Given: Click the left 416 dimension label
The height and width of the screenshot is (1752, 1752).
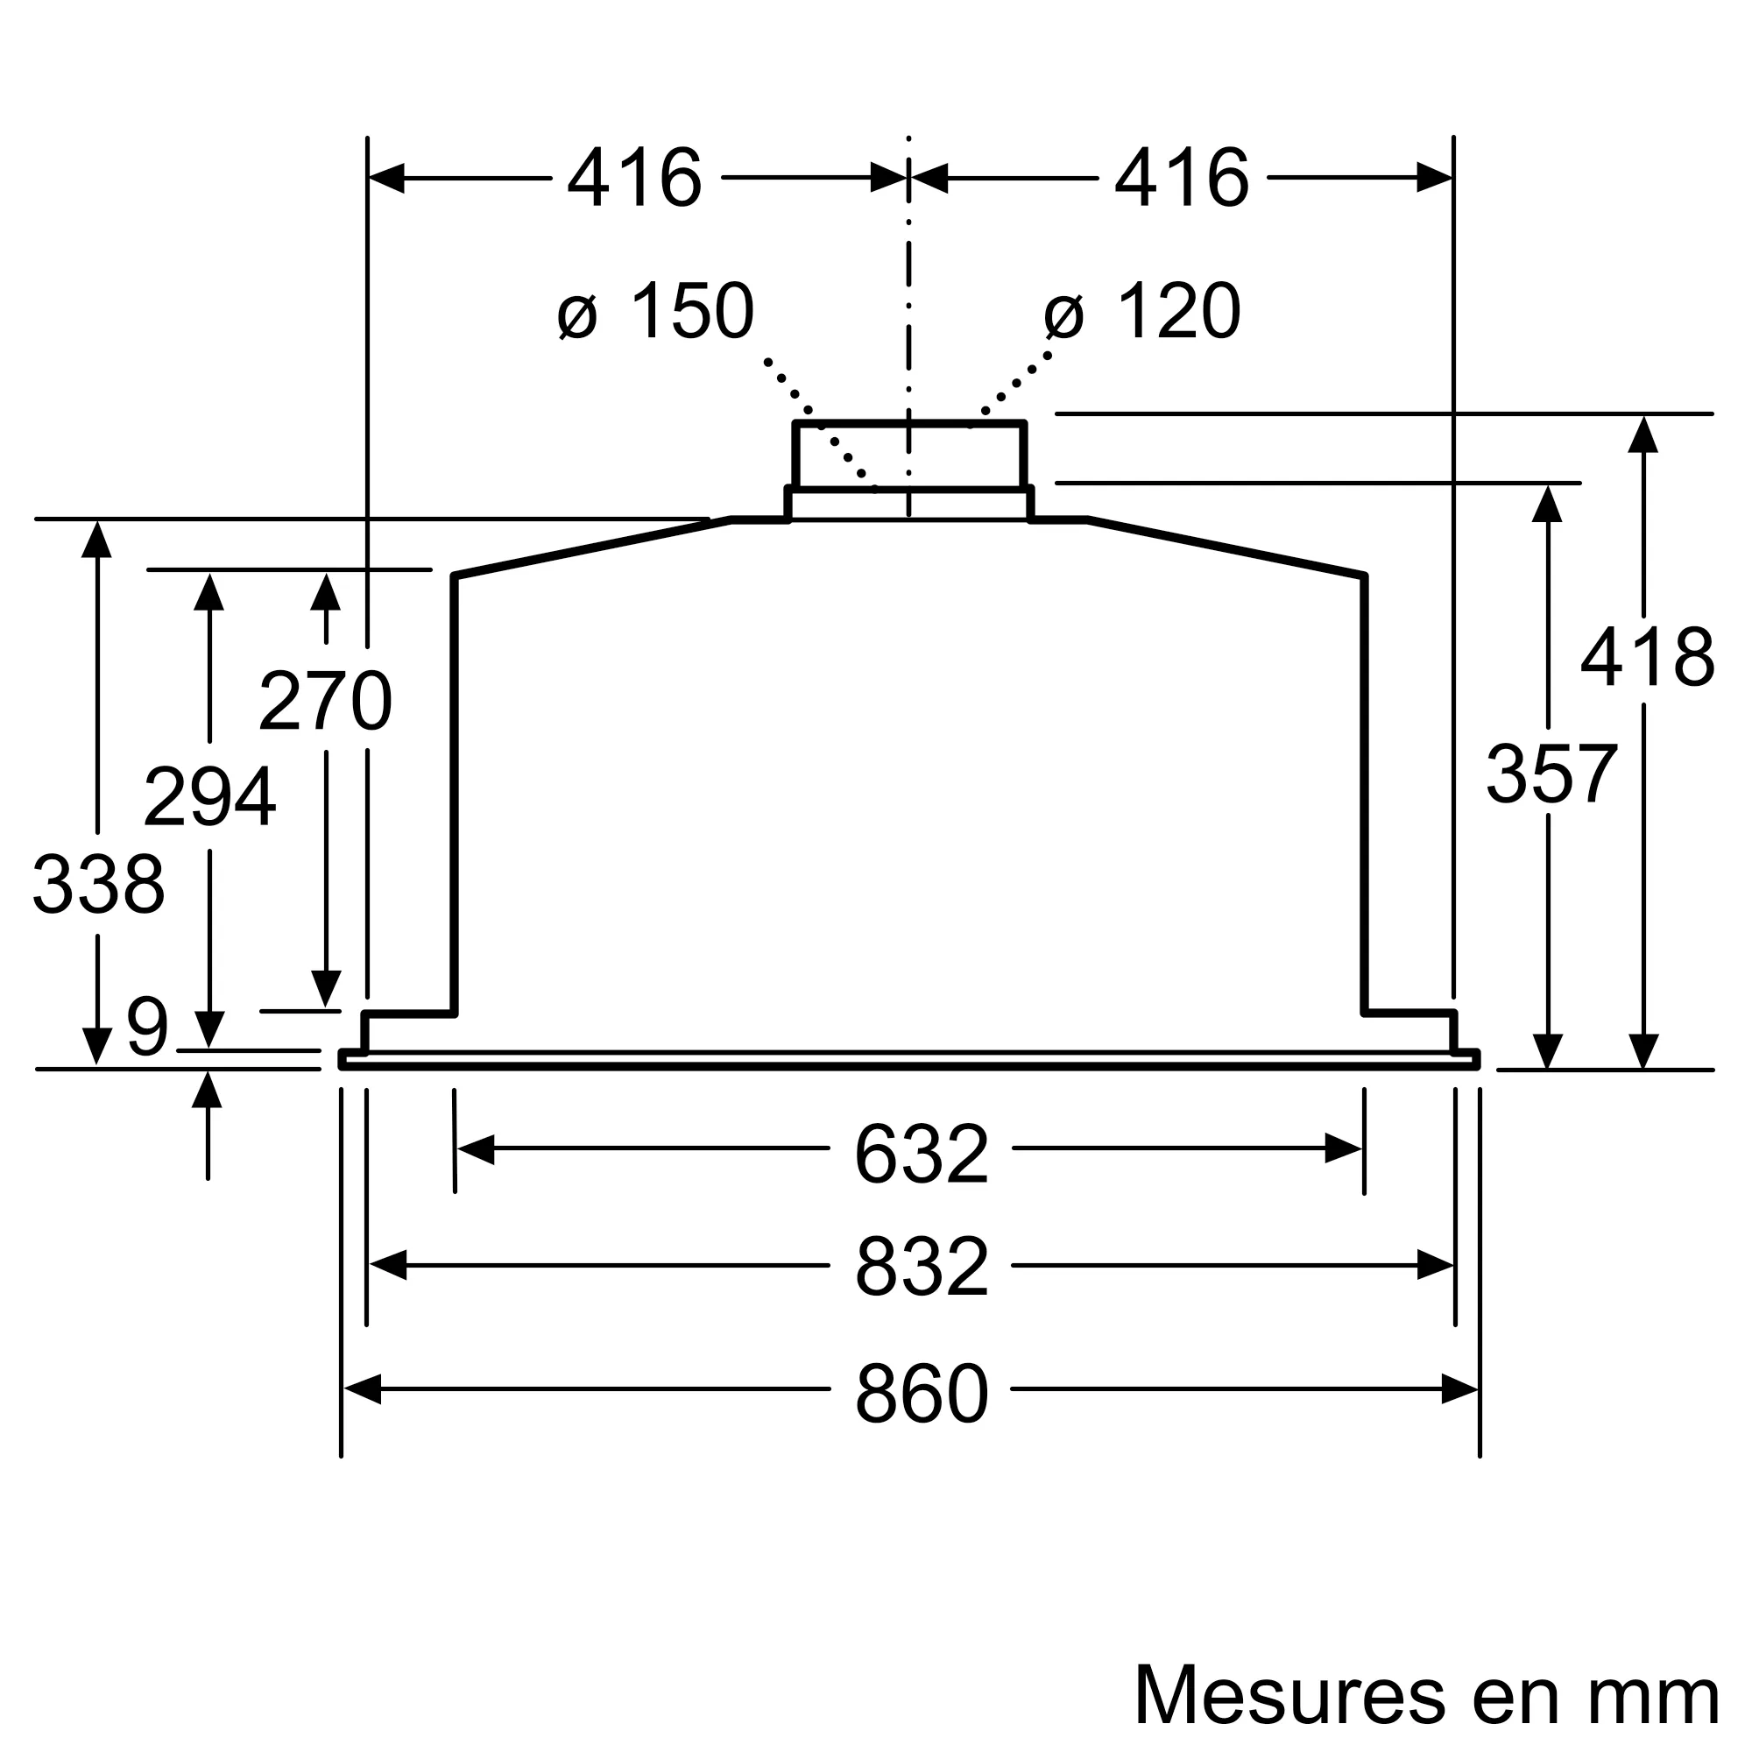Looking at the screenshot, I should pos(635,179).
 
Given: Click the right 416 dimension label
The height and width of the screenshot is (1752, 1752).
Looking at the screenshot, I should pos(1182,179).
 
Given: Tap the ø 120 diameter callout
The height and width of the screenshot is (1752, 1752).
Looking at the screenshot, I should pos(1142,312).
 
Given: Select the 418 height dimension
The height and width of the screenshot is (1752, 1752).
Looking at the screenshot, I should pos(1648,658).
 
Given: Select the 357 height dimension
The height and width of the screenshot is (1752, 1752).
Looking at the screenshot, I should pos(1551,774).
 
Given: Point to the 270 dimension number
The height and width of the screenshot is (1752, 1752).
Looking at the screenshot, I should pos(326,701).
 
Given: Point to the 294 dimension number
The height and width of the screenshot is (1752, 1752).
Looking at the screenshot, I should pos(209,797).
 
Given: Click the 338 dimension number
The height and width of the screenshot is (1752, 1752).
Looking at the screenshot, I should pos(98,885).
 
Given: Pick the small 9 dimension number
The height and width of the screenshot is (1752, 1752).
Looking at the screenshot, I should pos(147,1028).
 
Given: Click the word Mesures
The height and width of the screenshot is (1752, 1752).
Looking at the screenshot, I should pos(1289,1694).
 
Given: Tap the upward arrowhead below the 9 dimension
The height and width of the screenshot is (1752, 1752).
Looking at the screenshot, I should pos(208,1091).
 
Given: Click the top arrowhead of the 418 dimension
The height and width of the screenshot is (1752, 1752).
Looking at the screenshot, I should pos(1643,435).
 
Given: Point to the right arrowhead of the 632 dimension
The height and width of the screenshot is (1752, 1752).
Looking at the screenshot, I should pos(1343,1149).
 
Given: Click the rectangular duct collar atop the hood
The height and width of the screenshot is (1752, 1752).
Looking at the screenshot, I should pos(908,456).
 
